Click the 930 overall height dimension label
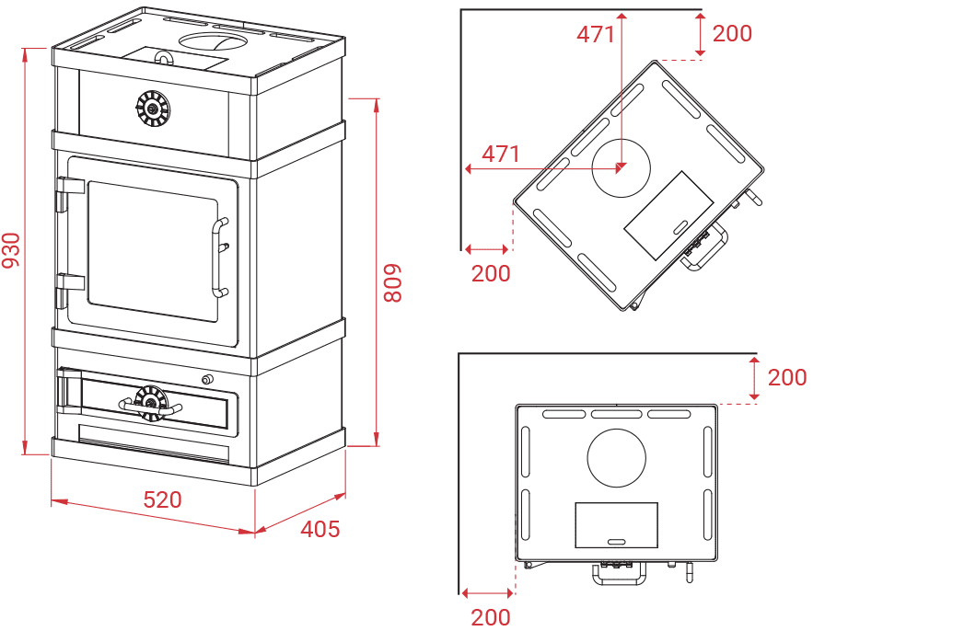pos(11,250)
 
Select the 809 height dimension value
pos(393,283)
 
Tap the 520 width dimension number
pos(162,499)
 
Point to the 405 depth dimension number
pos(320,529)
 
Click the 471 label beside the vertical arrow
pos(596,34)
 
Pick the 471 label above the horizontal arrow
pos(501,154)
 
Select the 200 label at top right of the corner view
pos(732,33)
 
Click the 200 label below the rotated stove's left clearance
pos(491,273)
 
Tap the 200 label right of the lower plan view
pos(786,377)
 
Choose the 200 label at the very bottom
pos(491,617)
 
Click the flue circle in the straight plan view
pos(616,458)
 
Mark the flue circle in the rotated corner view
pos(621,167)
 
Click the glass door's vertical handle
pos(218,258)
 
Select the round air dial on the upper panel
pos(153,109)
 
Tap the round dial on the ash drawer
pos(151,403)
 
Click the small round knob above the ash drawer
pos(207,379)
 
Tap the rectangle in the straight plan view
pos(616,525)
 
